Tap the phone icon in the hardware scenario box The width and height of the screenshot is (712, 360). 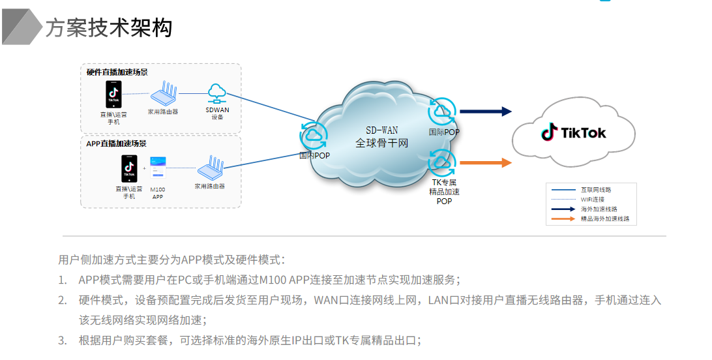point(113,95)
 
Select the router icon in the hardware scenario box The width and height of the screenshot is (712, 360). point(163,94)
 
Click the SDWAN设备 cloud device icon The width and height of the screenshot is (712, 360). point(216,93)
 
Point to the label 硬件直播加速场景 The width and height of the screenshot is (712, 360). point(117,72)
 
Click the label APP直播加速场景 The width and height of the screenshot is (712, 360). point(117,143)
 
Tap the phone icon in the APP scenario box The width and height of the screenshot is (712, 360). point(129,168)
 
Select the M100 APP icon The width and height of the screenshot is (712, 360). point(158,168)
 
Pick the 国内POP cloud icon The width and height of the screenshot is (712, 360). point(313,136)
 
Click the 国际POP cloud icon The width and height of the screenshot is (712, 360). point(442,112)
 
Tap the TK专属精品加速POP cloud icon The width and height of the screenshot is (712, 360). point(442,161)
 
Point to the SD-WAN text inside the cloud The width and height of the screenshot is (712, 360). point(381,130)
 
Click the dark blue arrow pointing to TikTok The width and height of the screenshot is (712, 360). point(486,112)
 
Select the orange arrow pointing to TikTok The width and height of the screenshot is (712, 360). point(486,163)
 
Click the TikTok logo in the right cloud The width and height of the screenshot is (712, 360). point(574,133)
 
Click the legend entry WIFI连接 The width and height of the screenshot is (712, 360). point(592,200)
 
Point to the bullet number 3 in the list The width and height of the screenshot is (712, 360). point(63,340)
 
